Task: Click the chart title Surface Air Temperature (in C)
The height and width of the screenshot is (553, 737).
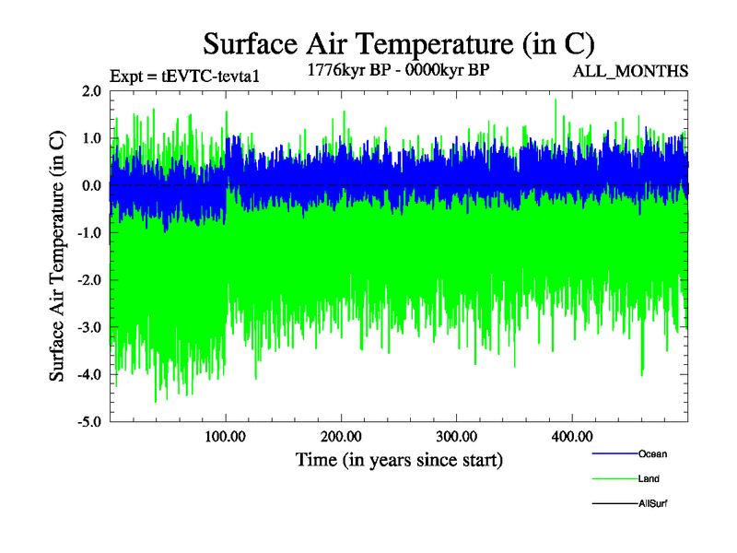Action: click(398, 44)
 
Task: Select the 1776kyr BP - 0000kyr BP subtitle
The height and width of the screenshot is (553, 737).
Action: click(399, 70)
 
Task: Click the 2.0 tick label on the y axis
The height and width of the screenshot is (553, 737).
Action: click(91, 91)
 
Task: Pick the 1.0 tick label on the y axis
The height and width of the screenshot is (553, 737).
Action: click(91, 138)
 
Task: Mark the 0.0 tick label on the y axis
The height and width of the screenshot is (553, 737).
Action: click(91, 185)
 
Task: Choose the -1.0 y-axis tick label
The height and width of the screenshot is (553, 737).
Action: click(89, 233)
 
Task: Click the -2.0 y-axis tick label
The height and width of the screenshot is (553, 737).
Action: click(89, 280)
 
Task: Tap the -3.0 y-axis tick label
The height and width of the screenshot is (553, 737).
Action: click(89, 327)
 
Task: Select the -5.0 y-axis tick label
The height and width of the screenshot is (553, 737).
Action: click(89, 422)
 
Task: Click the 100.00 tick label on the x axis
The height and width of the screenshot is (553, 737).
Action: click(226, 436)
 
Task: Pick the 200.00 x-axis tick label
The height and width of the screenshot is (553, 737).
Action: click(341, 436)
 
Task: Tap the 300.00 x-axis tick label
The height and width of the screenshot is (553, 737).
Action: click(456, 436)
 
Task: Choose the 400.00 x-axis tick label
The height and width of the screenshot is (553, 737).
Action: click(571, 436)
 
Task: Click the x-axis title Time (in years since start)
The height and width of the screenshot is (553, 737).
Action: click(399, 459)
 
